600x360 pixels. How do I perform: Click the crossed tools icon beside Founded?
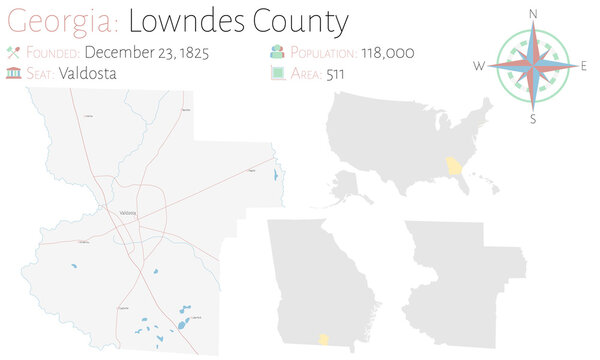(x=13, y=52)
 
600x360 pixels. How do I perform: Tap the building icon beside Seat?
(x=13, y=72)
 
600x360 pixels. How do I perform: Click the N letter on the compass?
(x=533, y=13)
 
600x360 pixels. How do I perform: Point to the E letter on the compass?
(x=583, y=66)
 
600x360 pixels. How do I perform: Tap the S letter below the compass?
(x=533, y=119)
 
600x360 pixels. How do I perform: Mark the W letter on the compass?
(x=481, y=66)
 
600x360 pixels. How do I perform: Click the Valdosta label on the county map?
(x=127, y=213)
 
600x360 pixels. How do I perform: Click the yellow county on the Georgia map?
(x=324, y=340)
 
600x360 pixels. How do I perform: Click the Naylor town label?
(x=251, y=172)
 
